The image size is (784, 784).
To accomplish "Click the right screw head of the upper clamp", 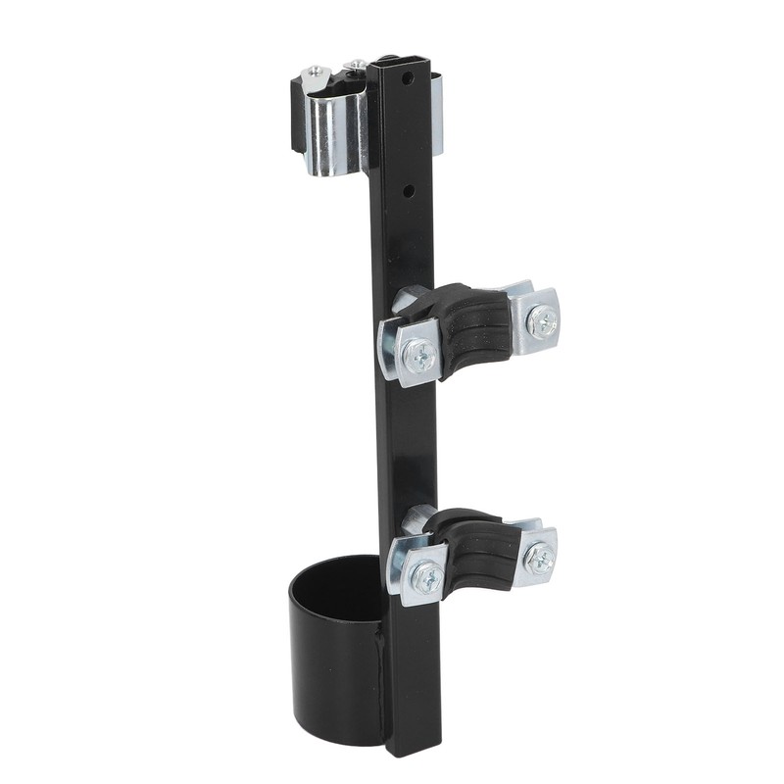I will tap(541, 321).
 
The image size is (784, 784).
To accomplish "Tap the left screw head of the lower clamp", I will tap(426, 578).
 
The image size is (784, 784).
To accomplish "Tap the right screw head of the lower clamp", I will tap(539, 559).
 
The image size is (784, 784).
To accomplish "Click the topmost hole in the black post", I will tap(416, 73).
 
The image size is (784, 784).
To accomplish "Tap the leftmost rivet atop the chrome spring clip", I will tap(317, 72).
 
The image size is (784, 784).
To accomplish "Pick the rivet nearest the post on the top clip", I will tap(357, 67).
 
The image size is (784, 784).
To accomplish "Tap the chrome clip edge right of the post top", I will tap(437, 118).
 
